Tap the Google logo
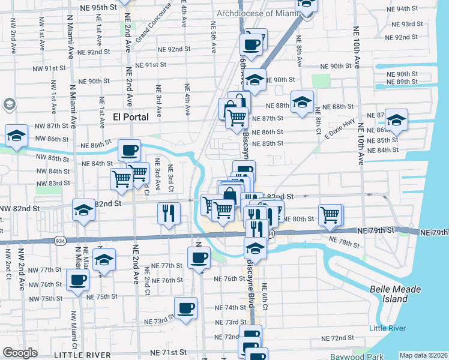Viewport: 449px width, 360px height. click(20, 353)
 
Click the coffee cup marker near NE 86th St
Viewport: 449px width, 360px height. click(129, 150)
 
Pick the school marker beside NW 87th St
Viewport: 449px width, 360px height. click(16, 135)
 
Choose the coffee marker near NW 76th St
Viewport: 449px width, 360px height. click(77, 280)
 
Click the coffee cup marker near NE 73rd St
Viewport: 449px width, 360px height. click(186, 308)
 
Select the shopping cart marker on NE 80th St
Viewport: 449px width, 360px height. click(330, 214)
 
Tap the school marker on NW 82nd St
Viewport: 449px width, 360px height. click(84, 210)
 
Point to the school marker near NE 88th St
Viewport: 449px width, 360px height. click(302, 101)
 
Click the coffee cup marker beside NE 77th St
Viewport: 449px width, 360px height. click(199, 259)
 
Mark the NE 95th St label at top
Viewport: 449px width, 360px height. click(98, 7)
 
